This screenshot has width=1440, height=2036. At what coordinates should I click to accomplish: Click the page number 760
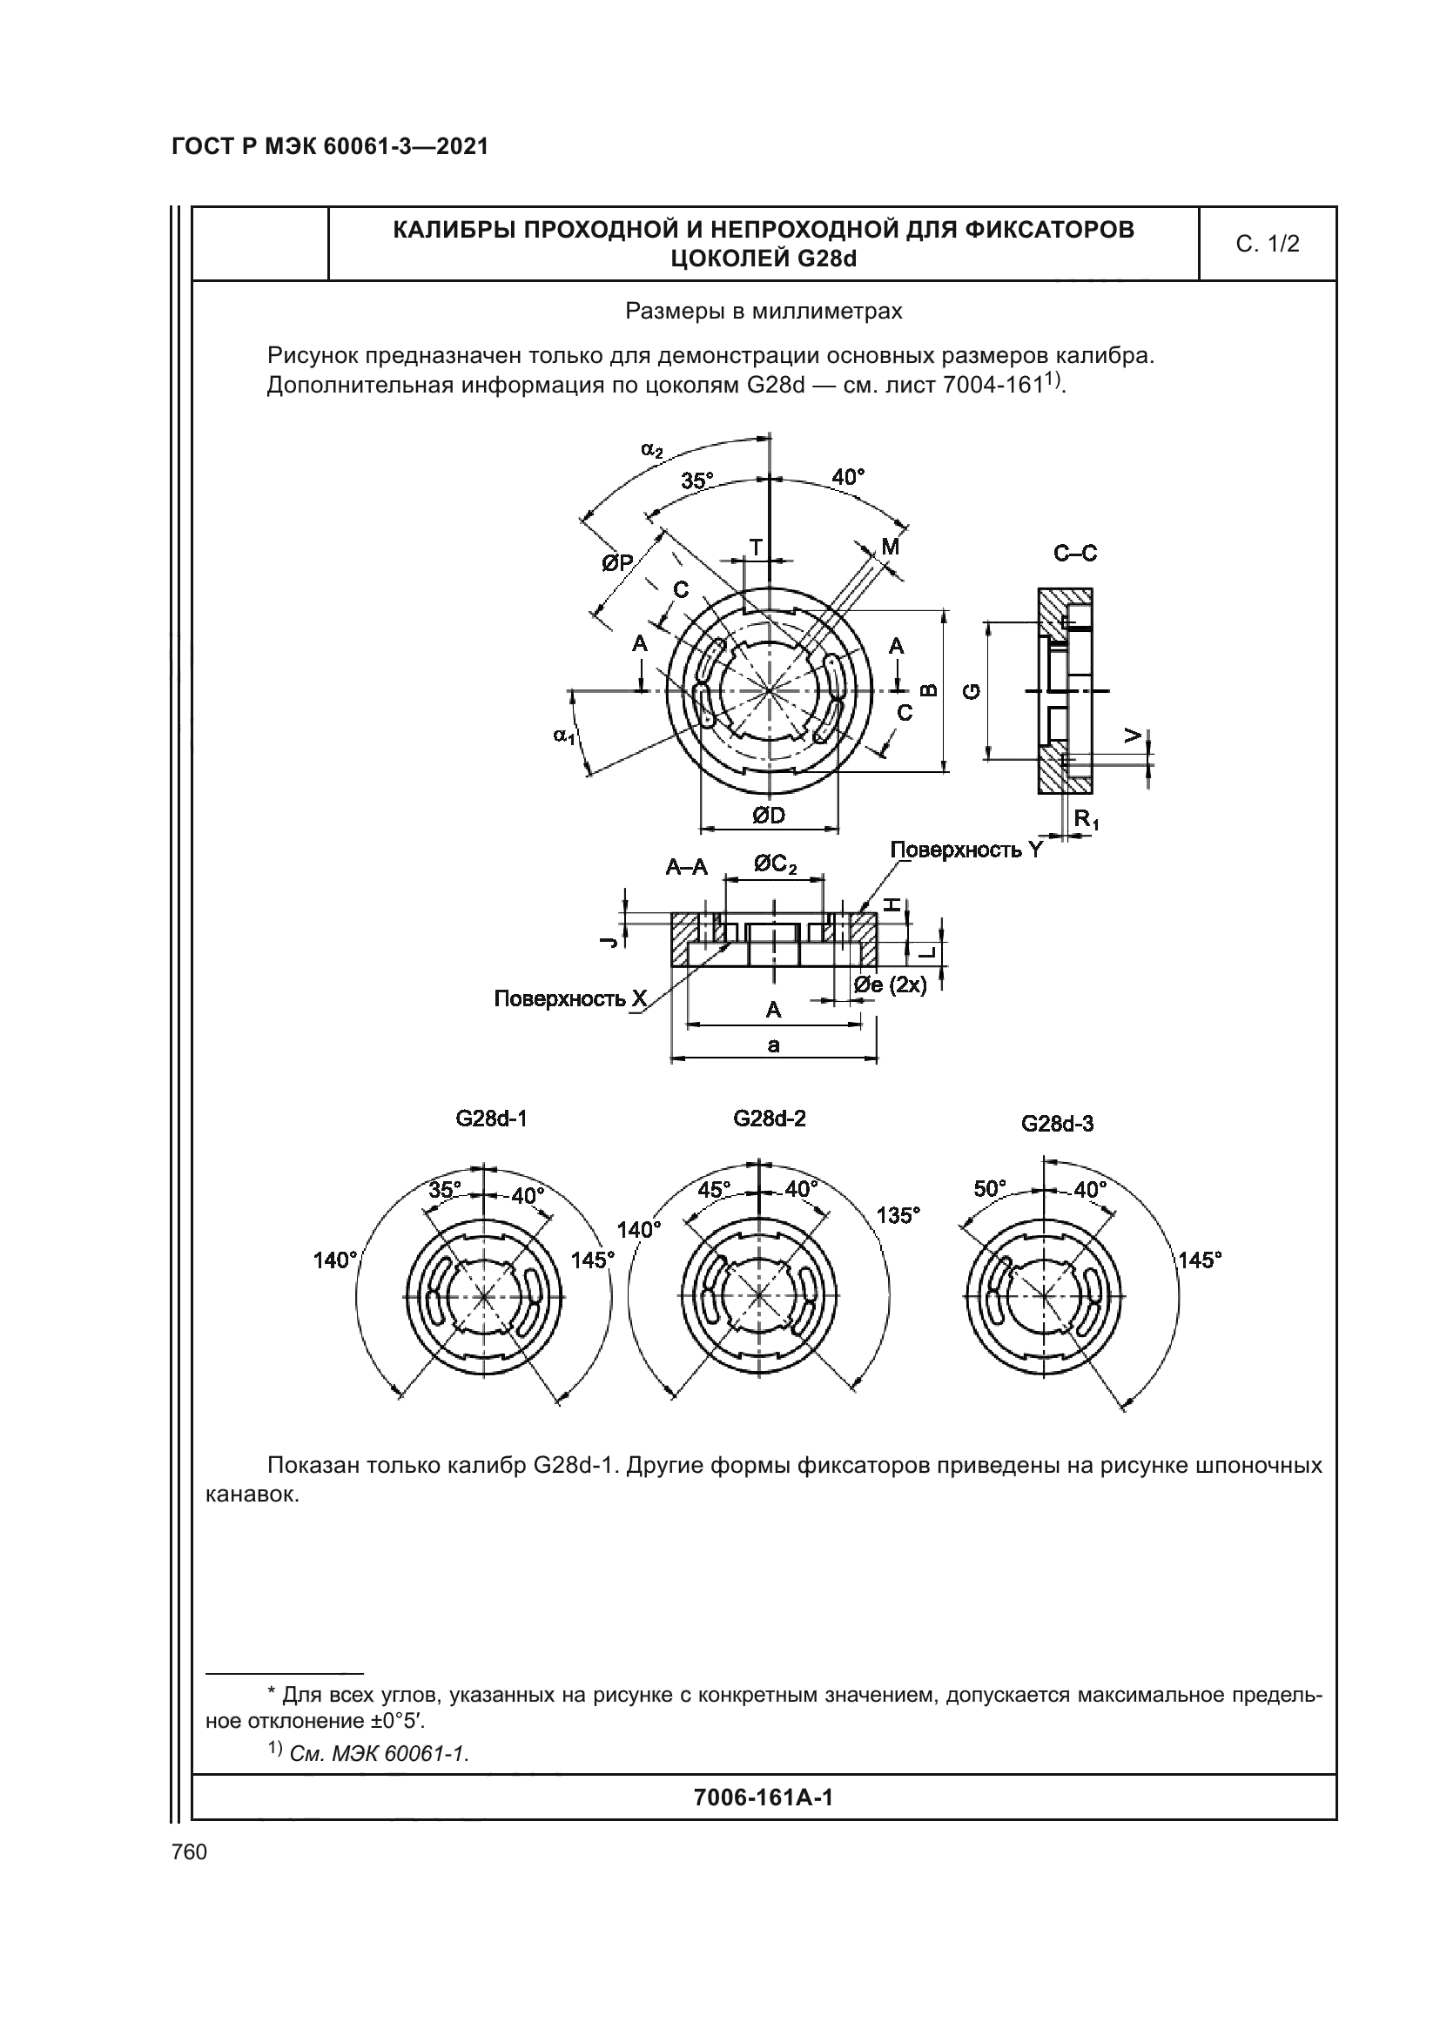tap(189, 1851)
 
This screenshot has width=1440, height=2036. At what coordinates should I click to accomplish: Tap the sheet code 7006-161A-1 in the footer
tap(763, 1797)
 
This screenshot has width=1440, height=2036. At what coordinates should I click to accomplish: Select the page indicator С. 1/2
tap(1267, 244)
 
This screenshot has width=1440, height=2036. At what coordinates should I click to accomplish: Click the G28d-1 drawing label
tap(491, 1119)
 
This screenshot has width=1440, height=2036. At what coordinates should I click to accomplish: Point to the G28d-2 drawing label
tap(769, 1119)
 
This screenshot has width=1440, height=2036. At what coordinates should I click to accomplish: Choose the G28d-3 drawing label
tap(1057, 1124)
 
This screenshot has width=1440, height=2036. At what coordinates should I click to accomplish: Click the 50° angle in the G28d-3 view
tap(991, 1188)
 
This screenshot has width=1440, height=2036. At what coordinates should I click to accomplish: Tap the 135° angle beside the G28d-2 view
tap(898, 1215)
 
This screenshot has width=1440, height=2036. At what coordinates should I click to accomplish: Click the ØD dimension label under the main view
tap(769, 815)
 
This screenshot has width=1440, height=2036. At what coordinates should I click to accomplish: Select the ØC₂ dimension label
tap(775, 863)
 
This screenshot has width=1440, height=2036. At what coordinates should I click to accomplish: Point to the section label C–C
tap(1074, 554)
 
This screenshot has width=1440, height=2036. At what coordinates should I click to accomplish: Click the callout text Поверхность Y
tap(966, 850)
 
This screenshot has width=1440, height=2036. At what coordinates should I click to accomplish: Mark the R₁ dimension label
tap(1087, 819)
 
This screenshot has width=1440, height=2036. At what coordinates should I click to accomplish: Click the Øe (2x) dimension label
tap(891, 985)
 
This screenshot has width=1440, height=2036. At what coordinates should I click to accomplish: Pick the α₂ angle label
tap(652, 451)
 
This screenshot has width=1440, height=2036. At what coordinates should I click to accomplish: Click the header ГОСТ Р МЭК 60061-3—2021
tap(330, 146)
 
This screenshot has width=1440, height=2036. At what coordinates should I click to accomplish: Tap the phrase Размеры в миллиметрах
tap(764, 312)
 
